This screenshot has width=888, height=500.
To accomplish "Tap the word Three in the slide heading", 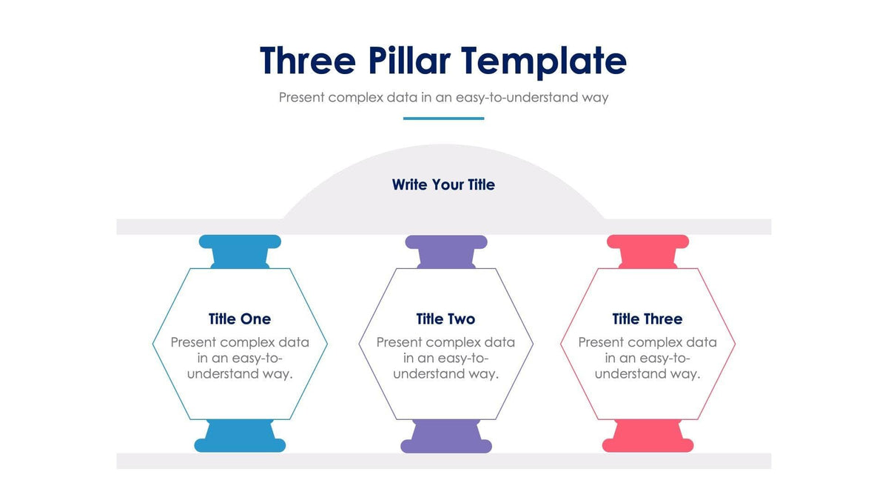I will click(x=308, y=61).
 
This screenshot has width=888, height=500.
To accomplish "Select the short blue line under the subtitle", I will click(x=443, y=119).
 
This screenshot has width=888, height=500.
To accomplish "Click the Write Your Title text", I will click(x=443, y=184).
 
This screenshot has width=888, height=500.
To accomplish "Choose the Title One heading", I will click(x=240, y=319).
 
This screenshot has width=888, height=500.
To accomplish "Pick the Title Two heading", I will click(x=445, y=319).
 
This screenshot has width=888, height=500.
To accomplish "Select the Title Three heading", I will click(x=647, y=319).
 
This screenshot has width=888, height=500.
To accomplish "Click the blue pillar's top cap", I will click(x=240, y=242).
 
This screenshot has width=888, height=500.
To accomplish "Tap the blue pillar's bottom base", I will click(x=240, y=444).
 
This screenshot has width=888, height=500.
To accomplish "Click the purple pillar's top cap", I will click(x=446, y=242).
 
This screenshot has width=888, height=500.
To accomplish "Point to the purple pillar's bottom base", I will click(x=446, y=444).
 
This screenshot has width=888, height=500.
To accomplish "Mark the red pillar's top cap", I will click(x=647, y=242).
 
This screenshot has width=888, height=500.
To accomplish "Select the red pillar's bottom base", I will click(x=647, y=444).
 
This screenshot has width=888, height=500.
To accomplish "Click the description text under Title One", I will click(x=240, y=359).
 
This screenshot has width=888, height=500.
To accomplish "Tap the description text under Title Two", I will click(x=445, y=359).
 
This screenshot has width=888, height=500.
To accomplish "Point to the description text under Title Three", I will click(x=647, y=359).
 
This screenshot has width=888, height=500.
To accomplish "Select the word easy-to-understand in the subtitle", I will click(x=508, y=97).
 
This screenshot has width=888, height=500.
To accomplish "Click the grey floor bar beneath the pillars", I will click(x=443, y=461).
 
